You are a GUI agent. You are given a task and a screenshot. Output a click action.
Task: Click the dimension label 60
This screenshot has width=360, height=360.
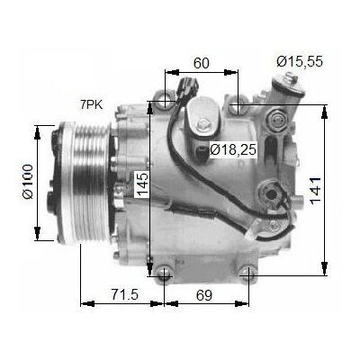pos(201,63)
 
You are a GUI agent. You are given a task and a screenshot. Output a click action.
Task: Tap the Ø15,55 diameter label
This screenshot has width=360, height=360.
pos(300,61)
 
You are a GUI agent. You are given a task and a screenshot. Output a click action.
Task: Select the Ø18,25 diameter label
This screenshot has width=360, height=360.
pos(233,149)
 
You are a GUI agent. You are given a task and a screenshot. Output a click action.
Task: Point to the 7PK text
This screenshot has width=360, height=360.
pos(91,105)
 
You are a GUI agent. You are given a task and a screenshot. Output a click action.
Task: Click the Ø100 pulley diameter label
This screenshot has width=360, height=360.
pos(28,181)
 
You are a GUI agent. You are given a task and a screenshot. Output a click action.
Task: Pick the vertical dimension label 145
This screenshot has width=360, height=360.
pos(141,184)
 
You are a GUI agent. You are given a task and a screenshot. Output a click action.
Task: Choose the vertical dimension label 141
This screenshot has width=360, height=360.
pos(316,191)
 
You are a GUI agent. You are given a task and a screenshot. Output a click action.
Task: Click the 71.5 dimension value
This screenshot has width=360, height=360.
pos(125,294)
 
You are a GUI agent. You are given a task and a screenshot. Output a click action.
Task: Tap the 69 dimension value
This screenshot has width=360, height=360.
pos(204,295)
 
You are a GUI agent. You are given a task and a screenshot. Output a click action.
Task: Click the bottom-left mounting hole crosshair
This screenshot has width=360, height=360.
pos(165,274)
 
